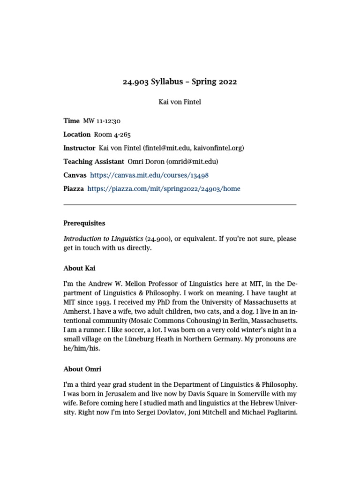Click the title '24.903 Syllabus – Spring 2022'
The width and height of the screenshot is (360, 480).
point(180,82)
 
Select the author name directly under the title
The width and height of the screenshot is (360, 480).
point(180,102)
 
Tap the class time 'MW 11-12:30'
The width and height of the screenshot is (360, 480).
point(102,121)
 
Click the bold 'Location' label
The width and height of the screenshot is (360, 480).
point(77,135)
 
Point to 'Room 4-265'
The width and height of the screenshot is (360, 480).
point(112,135)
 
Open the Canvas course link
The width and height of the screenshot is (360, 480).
point(149,175)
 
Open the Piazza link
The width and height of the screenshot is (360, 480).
point(164,189)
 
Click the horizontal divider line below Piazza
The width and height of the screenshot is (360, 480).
point(180,205)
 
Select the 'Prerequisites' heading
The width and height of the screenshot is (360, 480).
point(84,224)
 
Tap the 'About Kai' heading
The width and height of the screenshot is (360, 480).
point(79,268)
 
